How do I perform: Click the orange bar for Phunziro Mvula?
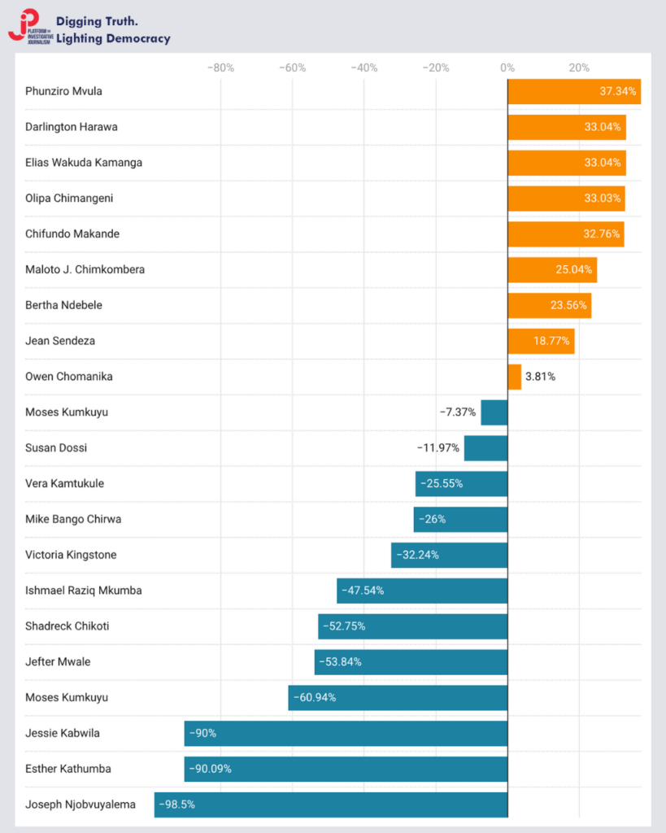(573, 91)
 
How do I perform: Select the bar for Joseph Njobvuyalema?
(331, 805)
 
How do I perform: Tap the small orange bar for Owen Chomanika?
(514, 377)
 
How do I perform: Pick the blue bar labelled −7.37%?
(494, 412)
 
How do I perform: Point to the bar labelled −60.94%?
(398, 697)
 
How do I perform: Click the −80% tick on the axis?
(220, 68)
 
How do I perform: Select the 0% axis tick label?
(507, 68)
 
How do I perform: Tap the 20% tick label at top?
(579, 68)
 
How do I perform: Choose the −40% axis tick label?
(363, 68)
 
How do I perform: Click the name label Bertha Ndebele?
(64, 305)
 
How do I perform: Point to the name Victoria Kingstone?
(71, 555)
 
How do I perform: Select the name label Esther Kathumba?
(68, 769)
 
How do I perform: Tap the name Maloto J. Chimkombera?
(85, 269)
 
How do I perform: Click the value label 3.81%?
(540, 377)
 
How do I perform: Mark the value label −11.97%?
(438, 448)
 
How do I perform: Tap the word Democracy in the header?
(136, 38)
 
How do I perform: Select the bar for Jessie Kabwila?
(346, 733)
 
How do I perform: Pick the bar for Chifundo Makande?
(565, 234)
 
